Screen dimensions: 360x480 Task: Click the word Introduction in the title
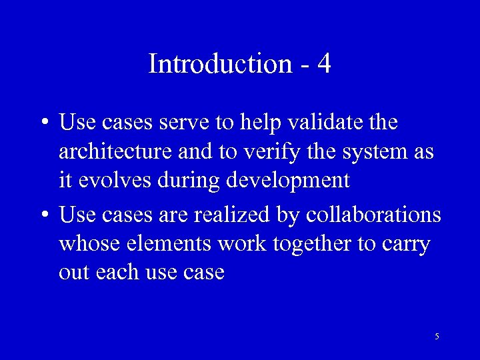(220, 64)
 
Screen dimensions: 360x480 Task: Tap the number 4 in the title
(324, 64)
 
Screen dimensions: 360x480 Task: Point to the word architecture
(116, 152)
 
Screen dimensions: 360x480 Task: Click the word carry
(405, 245)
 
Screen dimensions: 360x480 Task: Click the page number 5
(437, 337)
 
